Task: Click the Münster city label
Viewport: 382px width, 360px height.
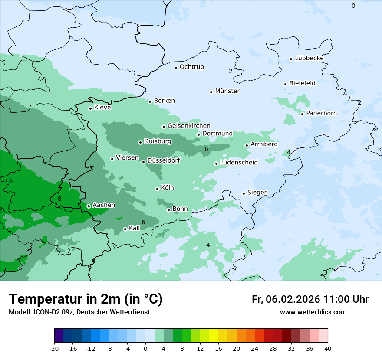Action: pos(227,91)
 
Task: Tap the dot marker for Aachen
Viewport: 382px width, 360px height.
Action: pos(89,206)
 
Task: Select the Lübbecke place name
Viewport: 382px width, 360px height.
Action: pos(309,58)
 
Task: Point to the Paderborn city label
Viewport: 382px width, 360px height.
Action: pos(321,113)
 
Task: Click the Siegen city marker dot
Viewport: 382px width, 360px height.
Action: pos(244,193)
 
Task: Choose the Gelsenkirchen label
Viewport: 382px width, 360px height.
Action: pos(189,126)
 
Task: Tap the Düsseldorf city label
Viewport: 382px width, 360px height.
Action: pos(164,160)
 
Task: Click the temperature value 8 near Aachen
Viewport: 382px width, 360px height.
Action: pos(59,199)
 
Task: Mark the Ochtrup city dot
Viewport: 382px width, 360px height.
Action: pos(176,67)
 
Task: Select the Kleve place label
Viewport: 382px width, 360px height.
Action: pos(102,108)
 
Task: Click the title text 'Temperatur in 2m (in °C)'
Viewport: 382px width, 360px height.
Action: pos(86,299)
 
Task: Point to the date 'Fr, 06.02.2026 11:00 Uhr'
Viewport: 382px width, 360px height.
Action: pos(310,299)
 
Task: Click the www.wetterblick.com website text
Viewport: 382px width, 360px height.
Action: pos(313,312)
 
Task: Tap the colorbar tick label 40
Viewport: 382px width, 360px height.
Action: pos(328,349)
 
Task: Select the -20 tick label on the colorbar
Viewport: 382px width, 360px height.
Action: pos(54,349)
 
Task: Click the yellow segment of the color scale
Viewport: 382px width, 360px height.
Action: pos(214,336)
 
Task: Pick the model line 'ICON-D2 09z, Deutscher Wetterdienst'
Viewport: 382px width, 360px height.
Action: pos(79,312)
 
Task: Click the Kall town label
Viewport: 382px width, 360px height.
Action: pos(135,228)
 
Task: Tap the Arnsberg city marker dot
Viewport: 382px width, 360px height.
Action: pos(247,145)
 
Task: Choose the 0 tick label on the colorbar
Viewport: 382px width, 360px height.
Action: pos(145,349)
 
